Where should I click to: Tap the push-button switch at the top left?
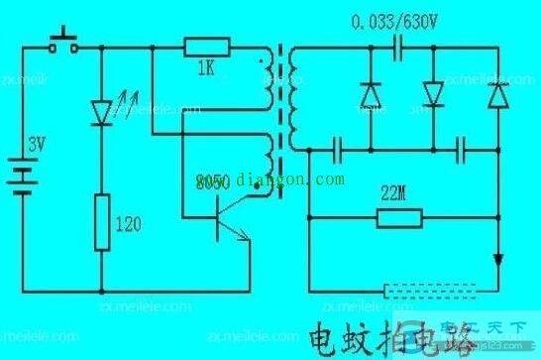coord(66,44)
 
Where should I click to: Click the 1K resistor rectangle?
coord(206,46)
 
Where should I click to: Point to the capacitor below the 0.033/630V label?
coord(397,46)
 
